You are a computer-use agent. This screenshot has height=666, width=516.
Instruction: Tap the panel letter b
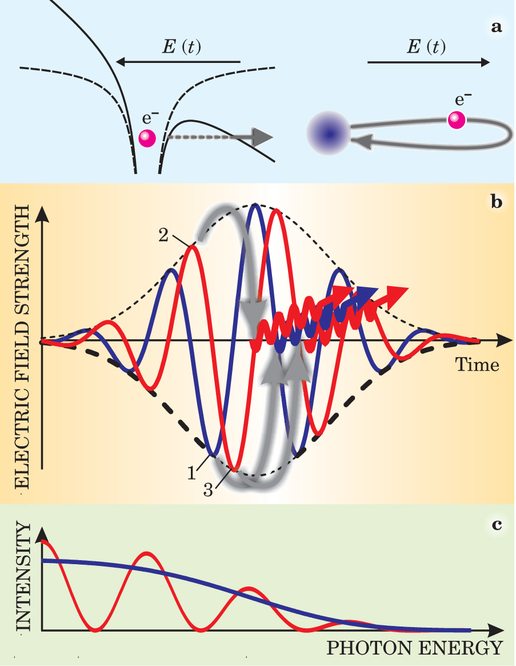(x=497, y=203)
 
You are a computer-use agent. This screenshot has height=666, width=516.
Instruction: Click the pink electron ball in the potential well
(x=147, y=137)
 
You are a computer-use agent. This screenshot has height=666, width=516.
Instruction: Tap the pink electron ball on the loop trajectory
(x=457, y=120)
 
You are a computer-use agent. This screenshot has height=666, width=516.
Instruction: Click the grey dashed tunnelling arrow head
(x=261, y=137)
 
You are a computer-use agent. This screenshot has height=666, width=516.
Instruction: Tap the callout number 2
(x=163, y=236)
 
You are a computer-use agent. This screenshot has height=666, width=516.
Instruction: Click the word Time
(x=477, y=364)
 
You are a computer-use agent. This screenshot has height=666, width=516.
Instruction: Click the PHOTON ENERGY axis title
(x=414, y=648)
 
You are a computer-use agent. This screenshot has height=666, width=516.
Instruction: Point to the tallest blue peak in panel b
(x=255, y=204)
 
